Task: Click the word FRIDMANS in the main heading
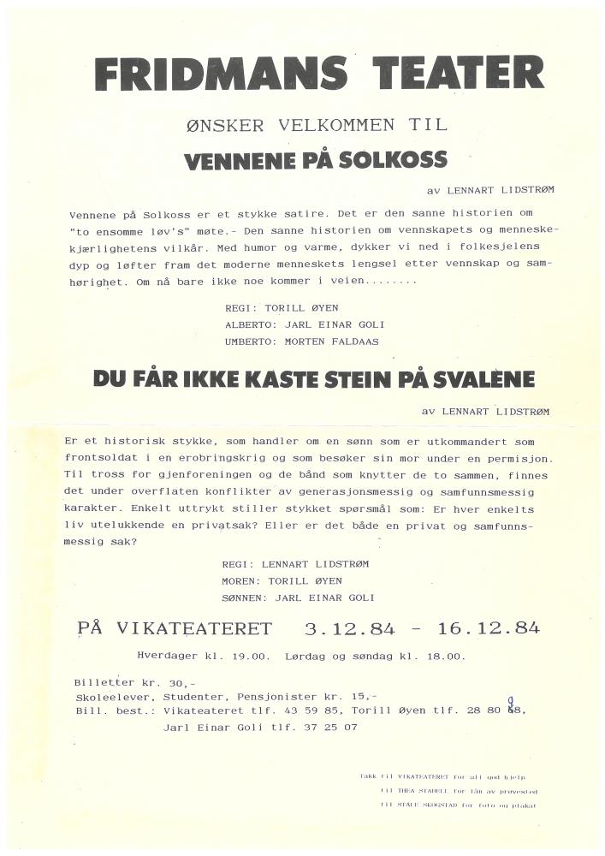(220, 74)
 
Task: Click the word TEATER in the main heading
(459, 74)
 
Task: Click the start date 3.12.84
(350, 629)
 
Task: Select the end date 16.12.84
(488, 629)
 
